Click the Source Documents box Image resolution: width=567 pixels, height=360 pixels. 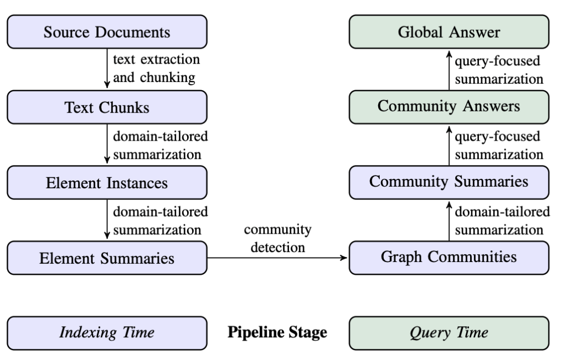pos(107,32)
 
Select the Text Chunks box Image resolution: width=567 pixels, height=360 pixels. pos(107,107)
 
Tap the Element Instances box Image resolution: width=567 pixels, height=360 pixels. pos(107,183)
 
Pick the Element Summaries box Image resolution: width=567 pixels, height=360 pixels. pos(107,258)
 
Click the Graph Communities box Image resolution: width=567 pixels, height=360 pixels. pos(449,258)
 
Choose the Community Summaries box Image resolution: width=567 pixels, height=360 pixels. pos(449,183)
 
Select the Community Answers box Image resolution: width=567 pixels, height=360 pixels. pos(449,107)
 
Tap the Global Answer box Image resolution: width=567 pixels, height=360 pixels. pos(449,32)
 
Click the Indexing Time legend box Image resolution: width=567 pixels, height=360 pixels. pos(107,333)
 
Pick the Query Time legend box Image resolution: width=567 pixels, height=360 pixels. pos(449,333)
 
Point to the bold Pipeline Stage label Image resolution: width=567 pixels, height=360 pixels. pos(277,332)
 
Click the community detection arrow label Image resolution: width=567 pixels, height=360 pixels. pos(278,239)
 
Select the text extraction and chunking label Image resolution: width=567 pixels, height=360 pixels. pos(157,69)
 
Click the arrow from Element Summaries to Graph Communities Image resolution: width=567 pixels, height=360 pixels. pos(277,258)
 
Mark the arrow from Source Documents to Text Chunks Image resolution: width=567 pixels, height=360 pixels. pos(107,68)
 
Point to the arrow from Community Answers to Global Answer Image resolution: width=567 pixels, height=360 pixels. pos(449,70)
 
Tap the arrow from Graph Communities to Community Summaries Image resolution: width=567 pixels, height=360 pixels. pos(449,221)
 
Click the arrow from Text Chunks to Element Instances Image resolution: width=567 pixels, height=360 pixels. pos(107,143)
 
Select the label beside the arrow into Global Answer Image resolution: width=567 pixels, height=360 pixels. pos(499,70)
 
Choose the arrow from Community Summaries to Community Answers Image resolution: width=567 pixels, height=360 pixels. pos(449,146)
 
